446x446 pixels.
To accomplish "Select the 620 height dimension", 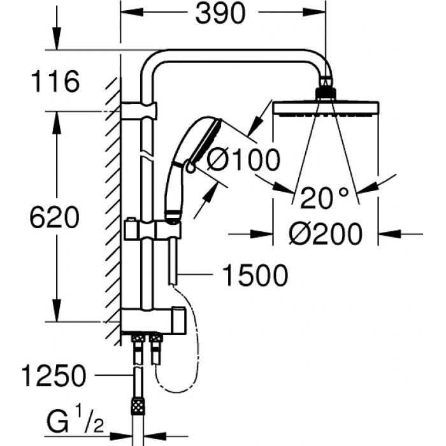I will pyautogui.click(x=55, y=218).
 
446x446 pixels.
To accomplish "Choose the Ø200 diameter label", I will pyautogui.click(x=325, y=234).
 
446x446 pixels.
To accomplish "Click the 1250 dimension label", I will pyautogui.click(x=53, y=376).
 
